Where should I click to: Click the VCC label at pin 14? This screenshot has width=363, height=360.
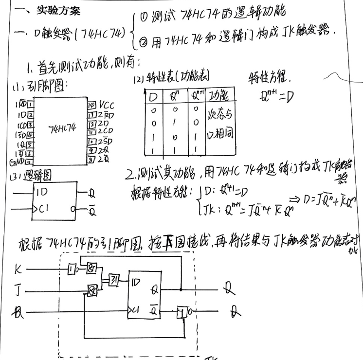tap(107, 105)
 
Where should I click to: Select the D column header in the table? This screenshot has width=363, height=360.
tap(153, 96)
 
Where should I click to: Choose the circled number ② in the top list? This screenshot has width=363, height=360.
tap(143, 40)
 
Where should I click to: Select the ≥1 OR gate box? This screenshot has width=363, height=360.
tap(113, 279)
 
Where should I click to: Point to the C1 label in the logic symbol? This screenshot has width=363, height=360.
tap(43, 210)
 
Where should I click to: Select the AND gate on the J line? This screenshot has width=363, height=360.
tap(91, 291)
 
